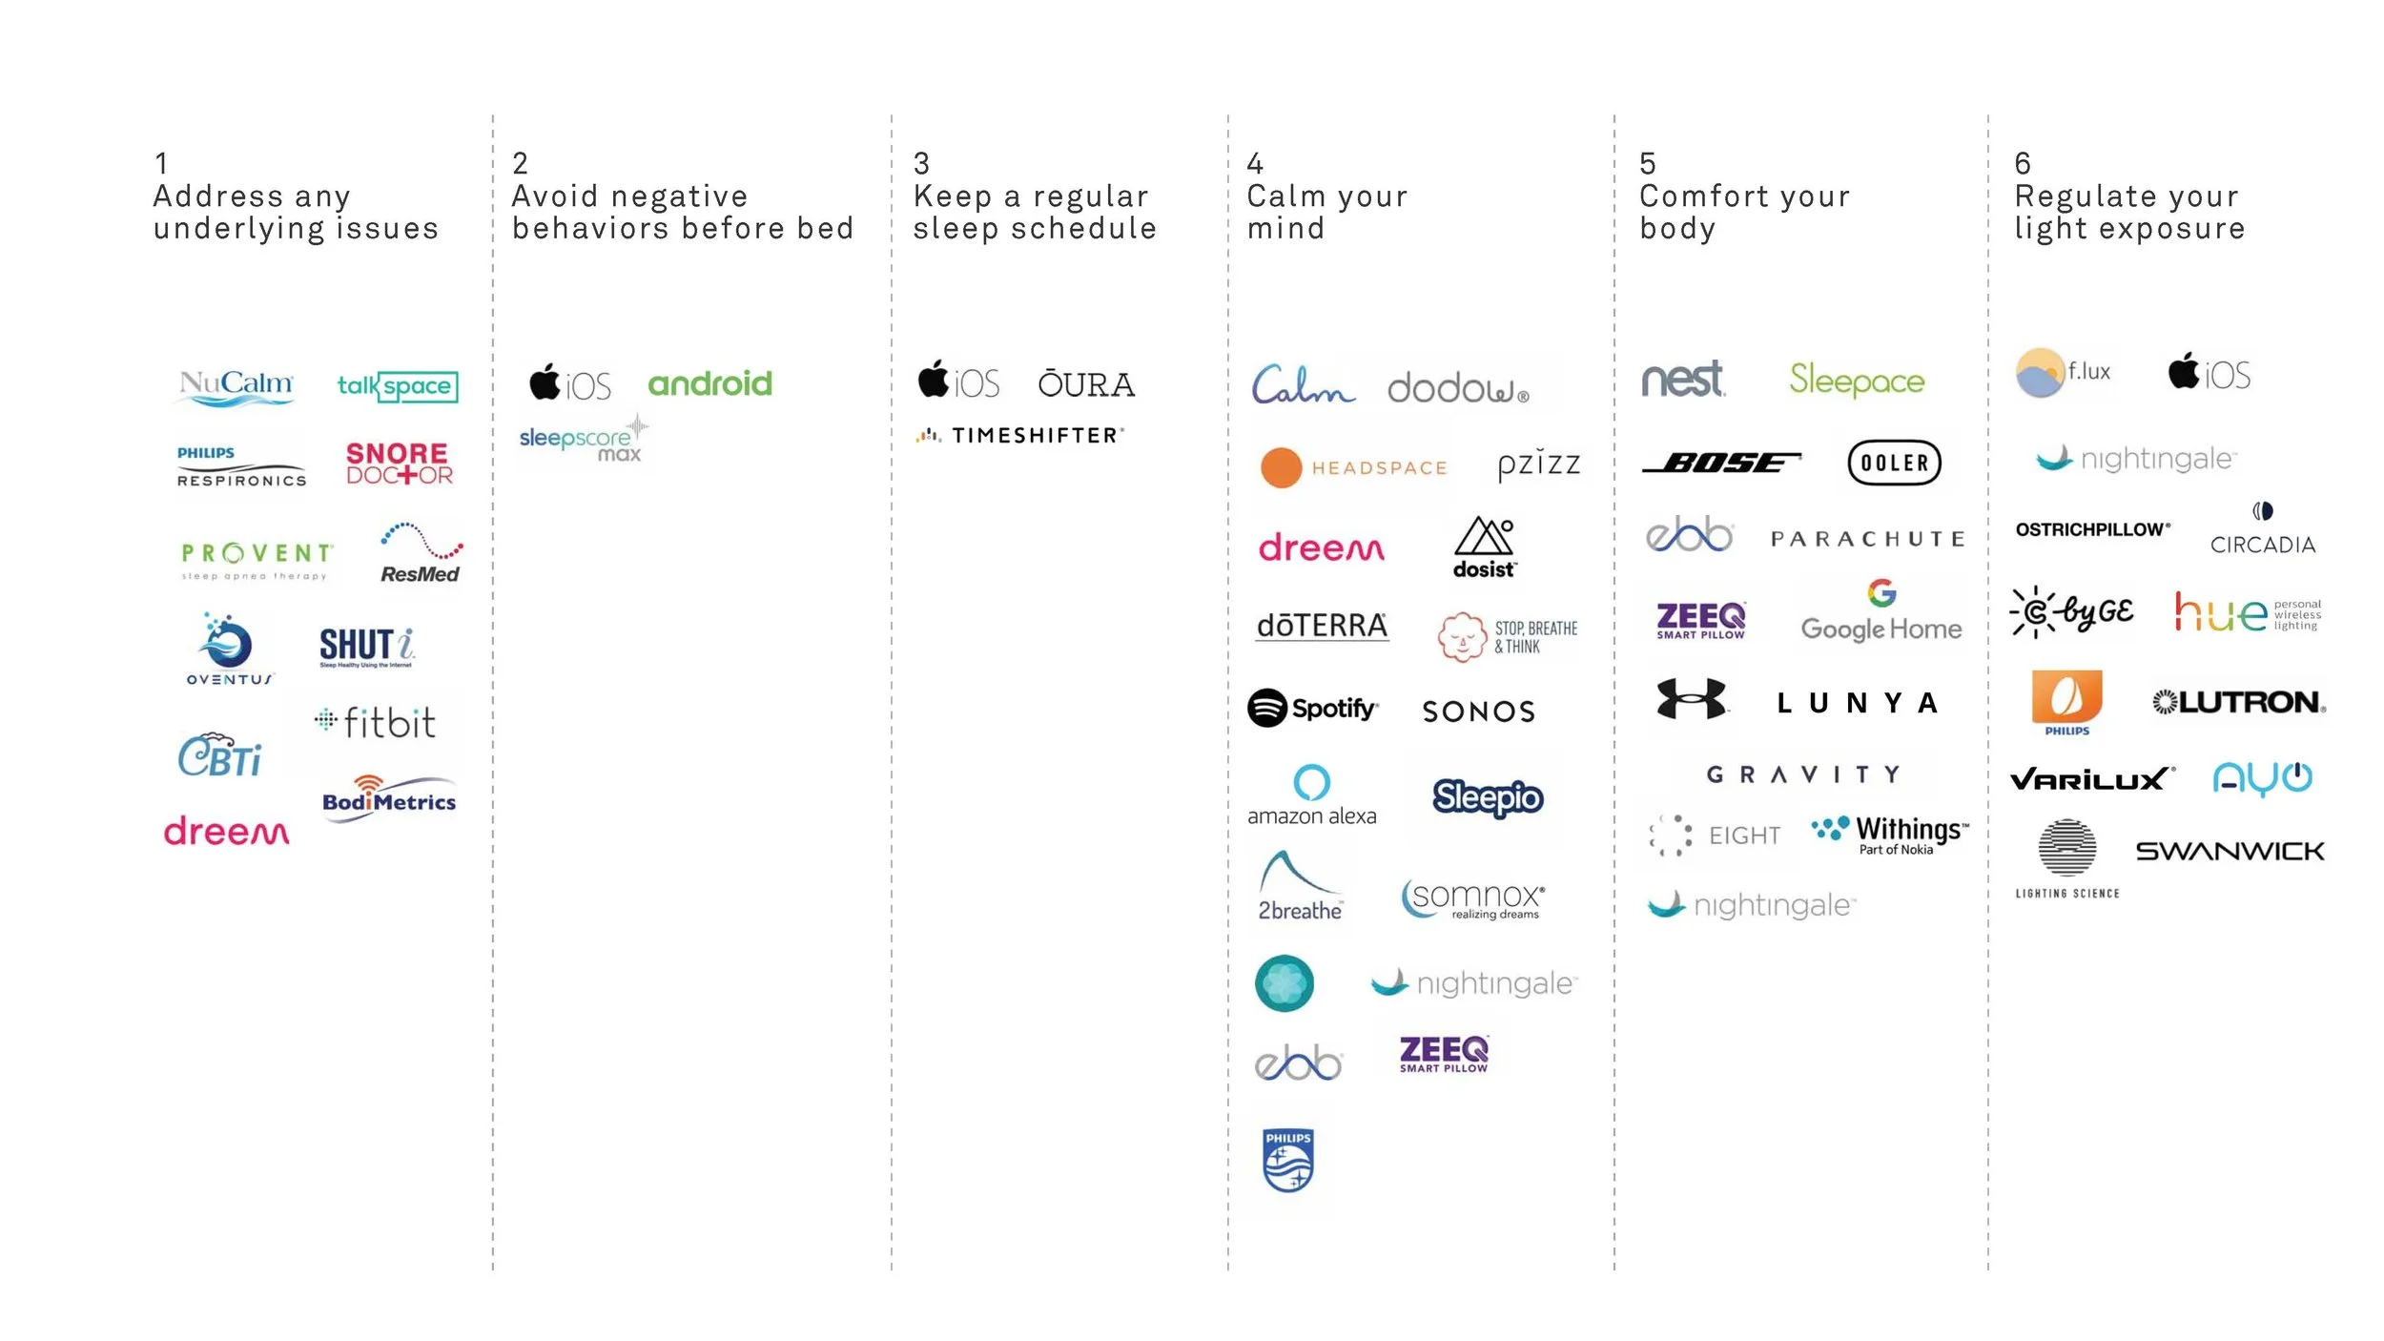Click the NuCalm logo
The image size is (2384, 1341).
pos(236,386)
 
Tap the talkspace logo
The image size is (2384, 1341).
pos(398,386)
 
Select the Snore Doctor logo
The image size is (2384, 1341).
pos(399,464)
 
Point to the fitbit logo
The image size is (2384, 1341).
pos(376,723)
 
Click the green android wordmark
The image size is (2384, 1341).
pos(709,383)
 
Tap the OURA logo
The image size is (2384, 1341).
pos(1086,384)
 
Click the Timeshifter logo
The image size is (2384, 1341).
pos(1020,436)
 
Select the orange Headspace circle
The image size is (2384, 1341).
pos(1281,467)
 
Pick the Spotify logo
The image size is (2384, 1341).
pos(1312,709)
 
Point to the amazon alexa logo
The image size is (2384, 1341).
pos(1311,795)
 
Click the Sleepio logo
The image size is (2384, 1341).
pos(1487,797)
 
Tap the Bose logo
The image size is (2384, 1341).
pos(1721,464)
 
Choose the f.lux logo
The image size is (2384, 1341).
pos(2064,373)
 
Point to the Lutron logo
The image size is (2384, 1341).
pos(2239,703)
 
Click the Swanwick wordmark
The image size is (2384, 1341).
pos(2230,851)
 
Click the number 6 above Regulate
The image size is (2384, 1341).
pos(2023,163)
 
